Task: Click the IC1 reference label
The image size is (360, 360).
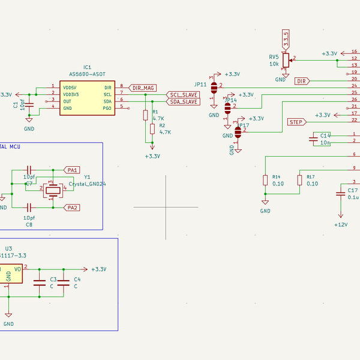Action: coord(87,68)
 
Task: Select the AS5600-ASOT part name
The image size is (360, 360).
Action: coord(87,74)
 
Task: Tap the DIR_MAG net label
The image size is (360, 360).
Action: coord(143,88)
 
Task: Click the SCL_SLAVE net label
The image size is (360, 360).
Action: coord(183,95)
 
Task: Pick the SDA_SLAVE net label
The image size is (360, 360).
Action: coord(183,102)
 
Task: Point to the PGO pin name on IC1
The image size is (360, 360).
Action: coord(107,107)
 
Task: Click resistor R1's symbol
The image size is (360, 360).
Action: coord(145,116)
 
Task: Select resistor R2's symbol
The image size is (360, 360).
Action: coord(152,128)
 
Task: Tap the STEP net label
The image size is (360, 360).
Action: coord(296,122)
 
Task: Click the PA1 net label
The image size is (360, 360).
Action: coord(73,170)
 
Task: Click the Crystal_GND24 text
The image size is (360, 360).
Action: coord(88,184)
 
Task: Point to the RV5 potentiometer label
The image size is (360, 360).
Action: coord(274,57)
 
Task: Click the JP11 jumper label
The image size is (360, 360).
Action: coord(200,85)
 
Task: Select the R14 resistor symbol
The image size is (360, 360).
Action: coord(265,180)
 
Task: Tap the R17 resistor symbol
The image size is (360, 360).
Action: coord(299,180)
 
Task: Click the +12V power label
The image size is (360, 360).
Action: coord(341,224)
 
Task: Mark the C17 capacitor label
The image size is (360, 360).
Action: coord(353,190)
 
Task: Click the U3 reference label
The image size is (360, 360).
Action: coord(8,248)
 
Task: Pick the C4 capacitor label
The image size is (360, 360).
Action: coord(77,280)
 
